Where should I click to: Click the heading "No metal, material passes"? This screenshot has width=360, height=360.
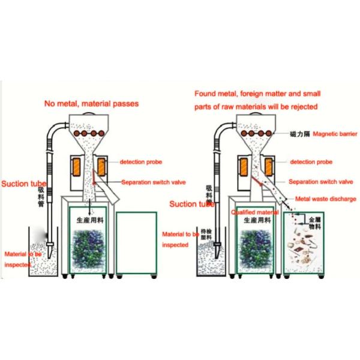tap(91, 103)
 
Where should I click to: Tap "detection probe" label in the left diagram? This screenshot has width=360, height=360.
tap(140, 162)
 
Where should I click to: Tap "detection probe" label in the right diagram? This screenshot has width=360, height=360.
tap(310, 162)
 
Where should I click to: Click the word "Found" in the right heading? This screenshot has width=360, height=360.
tap(206, 94)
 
